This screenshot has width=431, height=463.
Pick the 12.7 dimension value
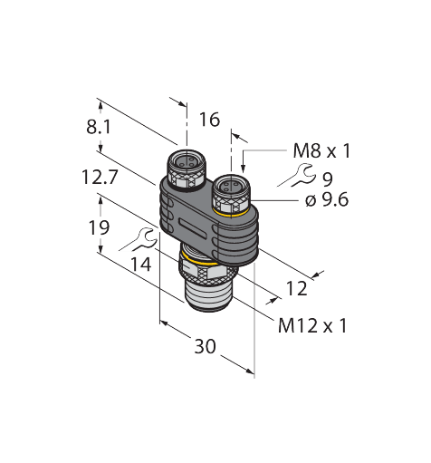point(99,178)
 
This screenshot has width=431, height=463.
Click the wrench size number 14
point(141,265)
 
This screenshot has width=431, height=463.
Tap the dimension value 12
point(296,288)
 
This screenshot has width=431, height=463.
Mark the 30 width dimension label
point(207,346)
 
